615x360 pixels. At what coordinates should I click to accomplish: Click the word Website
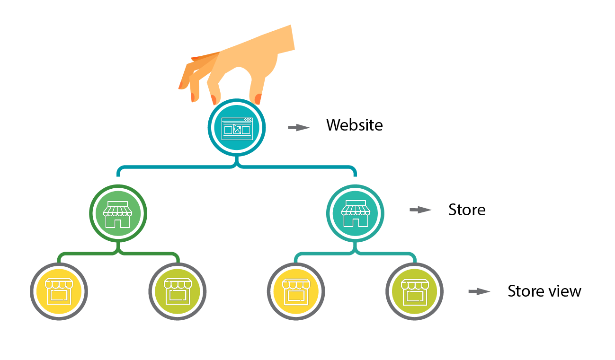pos(354,125)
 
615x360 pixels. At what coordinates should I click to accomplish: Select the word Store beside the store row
pos(467,210)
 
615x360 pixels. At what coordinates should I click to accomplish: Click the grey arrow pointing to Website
pos(299,127)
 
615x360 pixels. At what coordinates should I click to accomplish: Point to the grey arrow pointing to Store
pos(420,210)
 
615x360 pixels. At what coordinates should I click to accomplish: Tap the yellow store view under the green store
pos(59,290)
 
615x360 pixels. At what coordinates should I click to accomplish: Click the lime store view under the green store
pos(177,290)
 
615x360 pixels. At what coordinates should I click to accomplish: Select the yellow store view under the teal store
pos(296,290)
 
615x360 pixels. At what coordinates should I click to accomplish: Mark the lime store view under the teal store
pos(415,290)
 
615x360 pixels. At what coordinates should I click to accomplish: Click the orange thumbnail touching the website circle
pos(258,99)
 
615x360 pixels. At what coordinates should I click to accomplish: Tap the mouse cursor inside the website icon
pos(237,129)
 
